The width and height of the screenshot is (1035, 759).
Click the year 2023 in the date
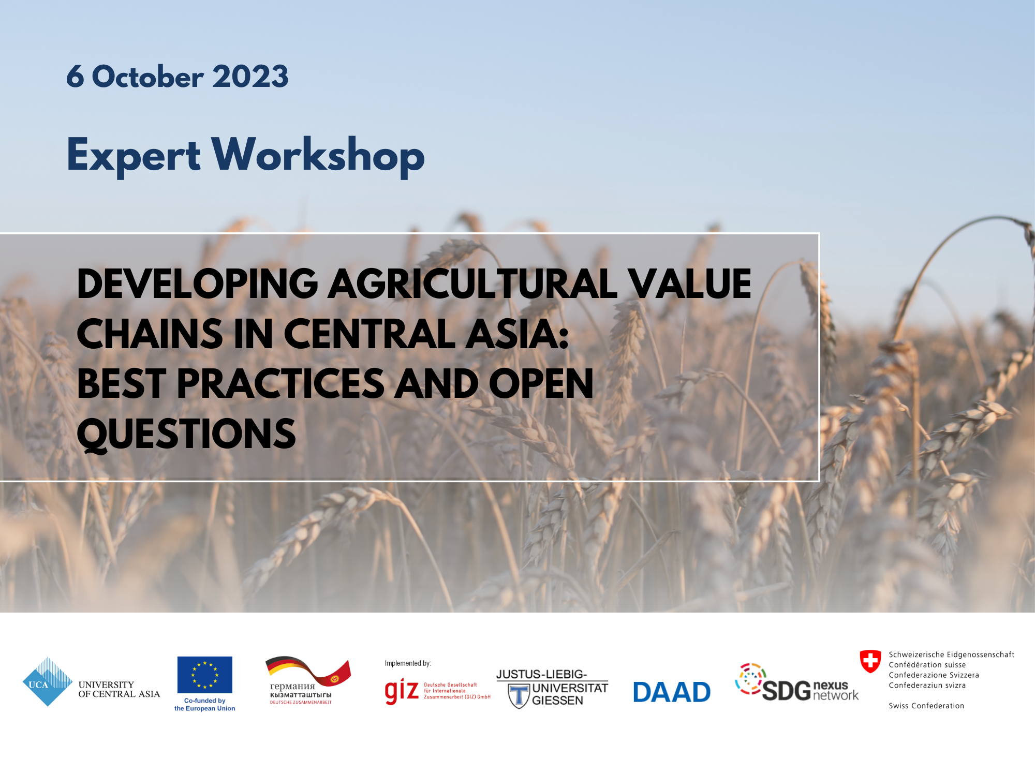pyautogui.click(x=250, y=76)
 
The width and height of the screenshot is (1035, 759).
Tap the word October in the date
pyautogui.click(x=148, y=76)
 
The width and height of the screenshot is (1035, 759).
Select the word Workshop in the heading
pyautogui.click(x=318, y=156)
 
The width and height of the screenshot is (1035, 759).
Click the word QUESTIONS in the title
pyautogui.click(x=186, y=435)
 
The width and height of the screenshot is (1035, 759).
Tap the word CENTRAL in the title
pyautogui.click(x=369, y=334)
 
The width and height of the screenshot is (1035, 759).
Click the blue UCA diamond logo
pyautogui.click(x=48, y=682)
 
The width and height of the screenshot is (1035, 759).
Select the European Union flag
pyautogui.click(x=205, y=675)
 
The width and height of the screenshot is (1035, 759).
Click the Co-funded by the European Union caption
pyautogui.click(x=205, y=704)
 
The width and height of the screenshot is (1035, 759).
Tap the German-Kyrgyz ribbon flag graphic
pyautogui.click(x=308, y=671)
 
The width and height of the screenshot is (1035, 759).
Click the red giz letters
pyautogui.click(x=402, y=691)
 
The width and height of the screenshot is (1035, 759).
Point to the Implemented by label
pyautogui.click(x=408, y=663)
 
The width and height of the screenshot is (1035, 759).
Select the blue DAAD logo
pyautogui.click(x=672, y=692)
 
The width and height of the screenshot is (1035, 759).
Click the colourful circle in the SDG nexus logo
pyautogui.click(x=750, y=679)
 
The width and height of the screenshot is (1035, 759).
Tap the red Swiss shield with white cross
pyautogui.click(x=870, y=661)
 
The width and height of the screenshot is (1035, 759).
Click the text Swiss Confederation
pyautogui.click(x=926, y=706)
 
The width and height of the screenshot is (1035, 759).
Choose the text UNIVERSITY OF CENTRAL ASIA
pyautogui.click(x=119, y=689)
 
